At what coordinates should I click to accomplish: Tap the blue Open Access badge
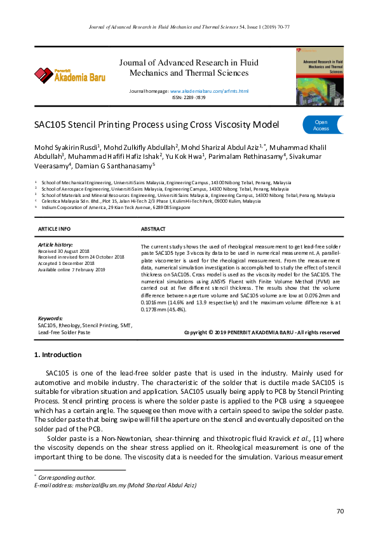click(321, 125)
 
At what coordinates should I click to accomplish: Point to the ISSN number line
click(189, 97)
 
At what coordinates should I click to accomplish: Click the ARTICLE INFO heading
click(55, 228)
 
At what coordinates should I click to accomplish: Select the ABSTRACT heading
click(153, 228)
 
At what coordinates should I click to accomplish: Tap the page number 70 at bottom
click(339, 511)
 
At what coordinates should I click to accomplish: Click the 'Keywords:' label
click(50, 318)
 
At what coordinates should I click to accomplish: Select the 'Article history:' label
click(55, 245)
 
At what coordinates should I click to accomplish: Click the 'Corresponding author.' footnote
click(67, 477)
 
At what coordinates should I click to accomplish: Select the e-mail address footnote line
click(114, 485)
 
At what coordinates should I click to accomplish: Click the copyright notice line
click(262, 332)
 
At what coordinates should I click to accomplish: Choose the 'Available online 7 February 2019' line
click(72, 269)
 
